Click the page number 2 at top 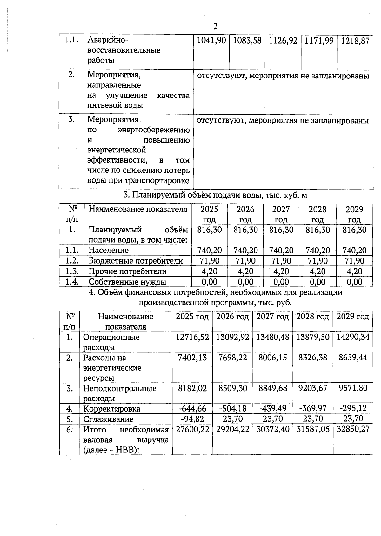(215, 26)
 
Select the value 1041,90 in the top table (211, 41)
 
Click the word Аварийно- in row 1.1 (108, 40)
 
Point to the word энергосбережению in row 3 (154, 130)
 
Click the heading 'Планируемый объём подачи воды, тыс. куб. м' (215, 195)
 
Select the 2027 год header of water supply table (281, 214)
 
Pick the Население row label (109, 250)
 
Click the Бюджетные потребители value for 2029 (354, 261)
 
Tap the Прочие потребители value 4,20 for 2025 (210, 271)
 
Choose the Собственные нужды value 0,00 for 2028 (317, 282)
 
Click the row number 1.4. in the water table (72, 282)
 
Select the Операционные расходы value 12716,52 (192, 337)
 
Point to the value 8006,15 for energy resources (272, 358)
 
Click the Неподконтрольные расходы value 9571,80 (353, 388)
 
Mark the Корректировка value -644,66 (192, 408)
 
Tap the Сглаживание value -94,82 (192, 419)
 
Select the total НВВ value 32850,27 (353, 429)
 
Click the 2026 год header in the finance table (232, 317)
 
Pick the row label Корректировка (112, 409)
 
